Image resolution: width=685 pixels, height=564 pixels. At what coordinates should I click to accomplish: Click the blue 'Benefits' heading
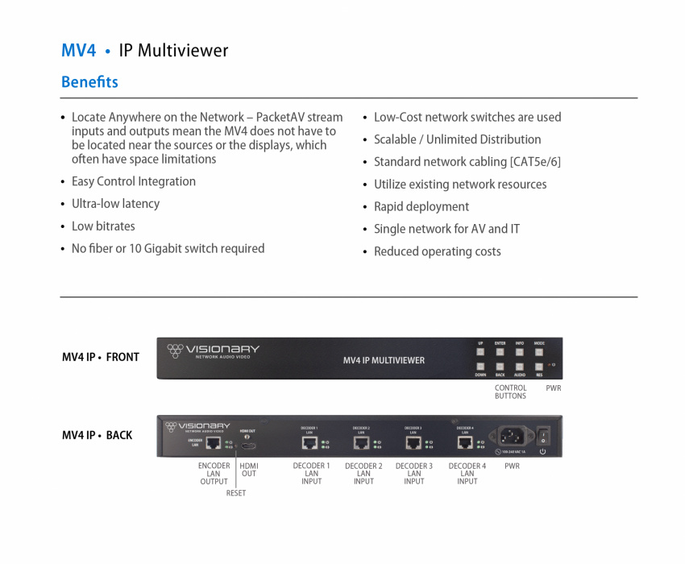coord(89,82)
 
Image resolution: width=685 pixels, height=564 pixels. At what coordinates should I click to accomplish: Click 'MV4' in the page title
coord(78,51)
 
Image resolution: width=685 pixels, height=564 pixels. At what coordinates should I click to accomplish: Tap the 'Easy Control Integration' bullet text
coord(134,181)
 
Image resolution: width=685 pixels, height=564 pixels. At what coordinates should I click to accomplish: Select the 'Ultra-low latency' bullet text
coord(115,204)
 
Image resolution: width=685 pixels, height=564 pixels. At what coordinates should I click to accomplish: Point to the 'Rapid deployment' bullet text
coord(421,206)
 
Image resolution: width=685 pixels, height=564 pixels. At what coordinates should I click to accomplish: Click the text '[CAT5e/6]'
coord(535,161)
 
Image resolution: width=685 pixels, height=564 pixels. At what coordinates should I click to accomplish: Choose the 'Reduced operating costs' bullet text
coord(438,251)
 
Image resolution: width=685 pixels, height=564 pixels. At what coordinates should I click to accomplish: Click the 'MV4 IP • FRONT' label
coord(101,357)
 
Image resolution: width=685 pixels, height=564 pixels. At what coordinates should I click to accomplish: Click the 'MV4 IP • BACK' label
coord(98,435)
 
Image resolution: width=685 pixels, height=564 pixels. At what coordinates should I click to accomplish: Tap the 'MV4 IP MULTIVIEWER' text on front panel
coord(384,360)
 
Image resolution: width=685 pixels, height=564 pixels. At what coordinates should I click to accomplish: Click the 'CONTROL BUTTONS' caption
coord(510,392)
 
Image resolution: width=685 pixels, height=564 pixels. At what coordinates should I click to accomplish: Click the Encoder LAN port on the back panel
coord(214,442)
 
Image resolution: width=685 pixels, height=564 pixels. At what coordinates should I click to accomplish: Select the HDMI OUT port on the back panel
coord(249,444)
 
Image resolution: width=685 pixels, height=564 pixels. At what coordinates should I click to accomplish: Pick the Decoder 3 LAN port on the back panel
coord(413,442)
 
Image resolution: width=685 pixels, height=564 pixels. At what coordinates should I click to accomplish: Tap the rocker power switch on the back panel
coord(543,437)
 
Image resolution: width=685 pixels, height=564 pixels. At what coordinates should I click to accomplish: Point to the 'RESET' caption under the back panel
coord(236,493)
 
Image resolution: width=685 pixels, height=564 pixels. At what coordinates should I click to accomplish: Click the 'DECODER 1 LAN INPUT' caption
coord(311,474)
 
